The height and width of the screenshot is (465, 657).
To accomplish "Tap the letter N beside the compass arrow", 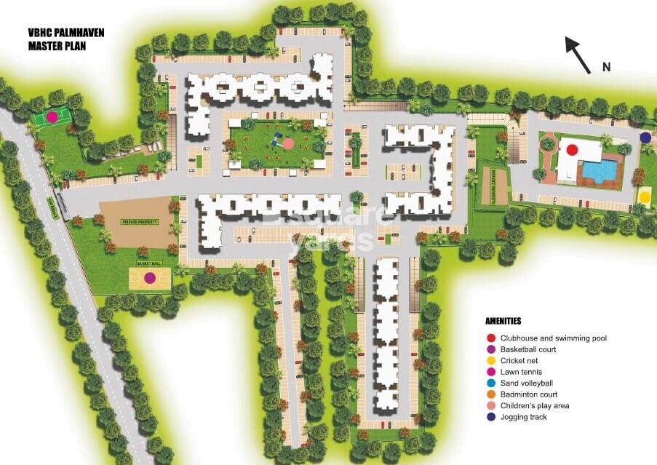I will tap(605, 67).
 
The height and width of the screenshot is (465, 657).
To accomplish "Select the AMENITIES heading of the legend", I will tap(503, 321).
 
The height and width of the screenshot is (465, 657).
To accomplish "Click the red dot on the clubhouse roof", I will tap(572, 149).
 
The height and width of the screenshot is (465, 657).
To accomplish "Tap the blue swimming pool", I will tap(601, 172).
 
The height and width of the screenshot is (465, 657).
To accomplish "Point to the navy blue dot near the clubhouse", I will tap(645, 137).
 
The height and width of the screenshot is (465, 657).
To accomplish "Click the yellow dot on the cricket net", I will tap(645, 196).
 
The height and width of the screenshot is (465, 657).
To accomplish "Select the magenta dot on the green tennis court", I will tap(52, 116).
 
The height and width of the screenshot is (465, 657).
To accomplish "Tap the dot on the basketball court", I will tap(150, 277).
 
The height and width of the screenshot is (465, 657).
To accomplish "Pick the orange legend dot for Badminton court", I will tap(492, 394).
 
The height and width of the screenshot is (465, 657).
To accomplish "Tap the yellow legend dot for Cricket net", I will tap(492, 361).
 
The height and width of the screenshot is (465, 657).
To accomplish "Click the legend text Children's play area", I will tap(535, 405).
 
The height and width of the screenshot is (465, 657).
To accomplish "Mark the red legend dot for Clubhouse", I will tap(492, 338).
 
